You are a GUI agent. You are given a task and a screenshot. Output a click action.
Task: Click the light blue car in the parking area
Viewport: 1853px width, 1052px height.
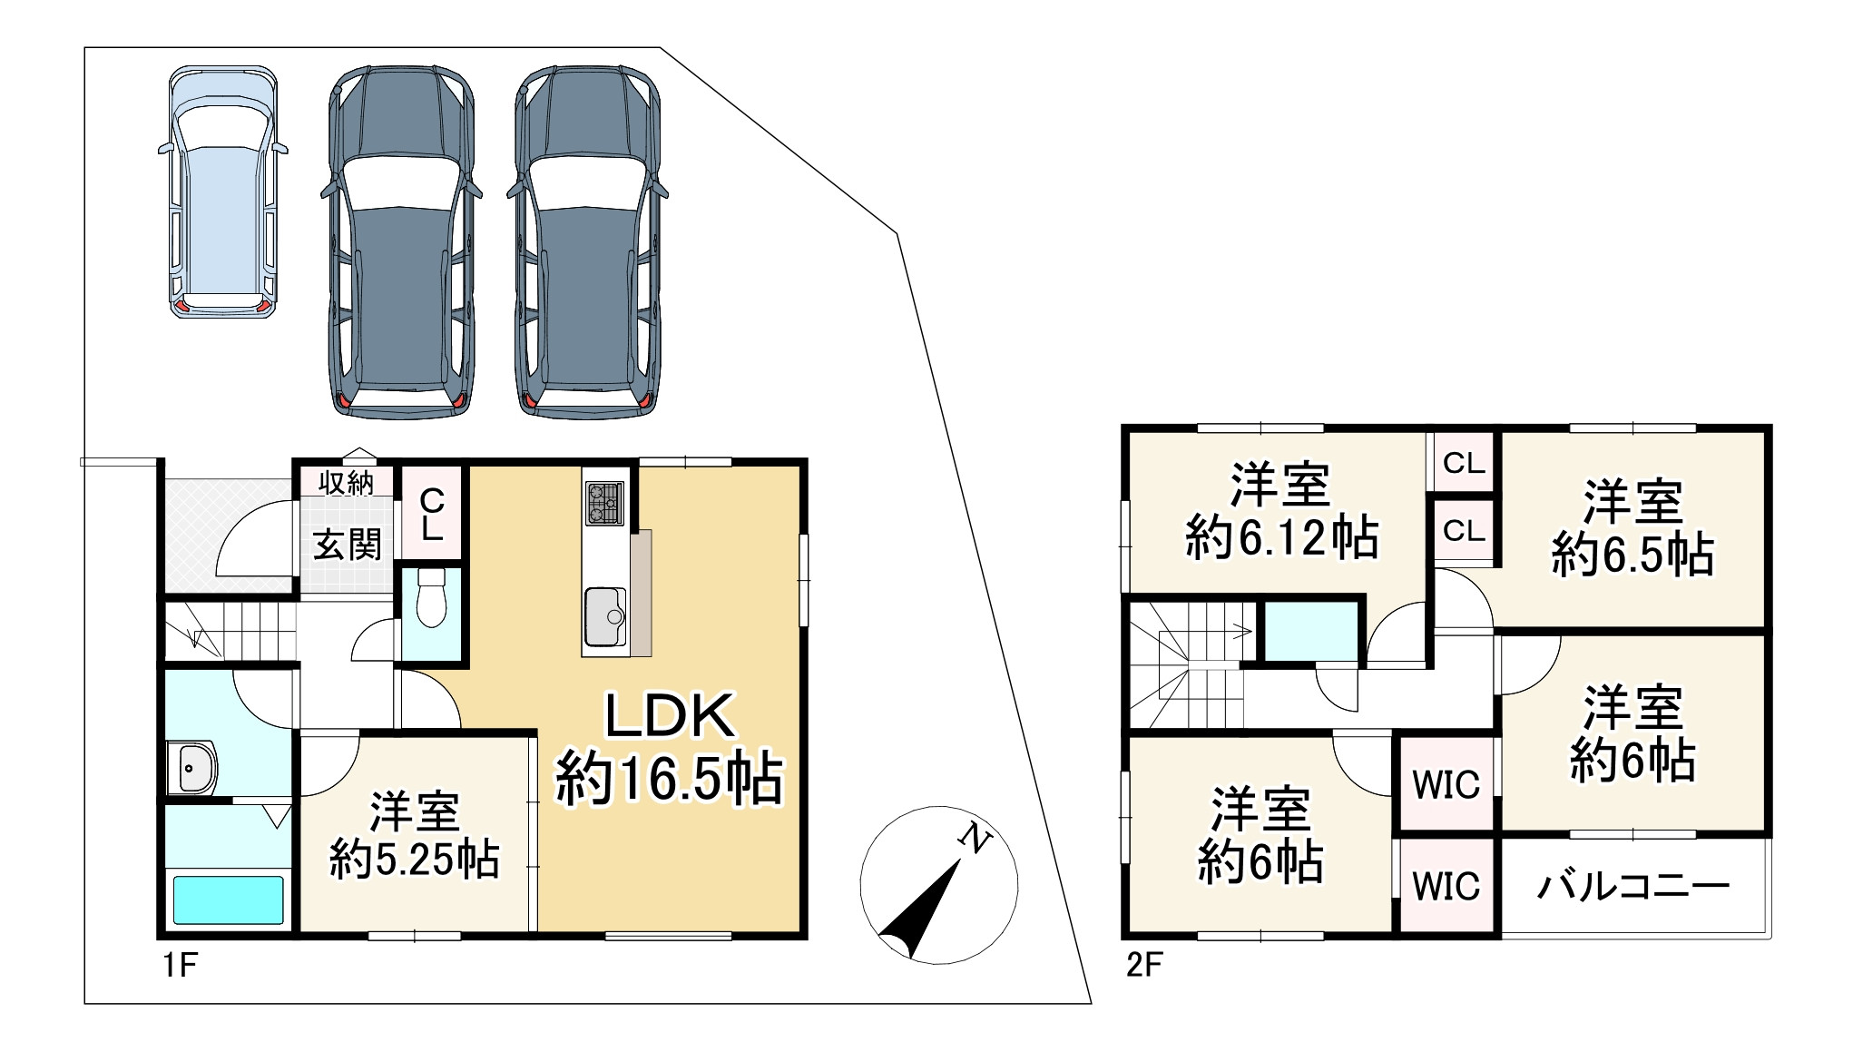pyautogui.click(x=222, y=191)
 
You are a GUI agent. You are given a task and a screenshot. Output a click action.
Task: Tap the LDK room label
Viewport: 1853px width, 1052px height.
pyautogui.click(x=670, y=716)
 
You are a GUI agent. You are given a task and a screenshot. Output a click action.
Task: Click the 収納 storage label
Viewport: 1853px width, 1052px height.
pyautogui.click(x=347, y=483)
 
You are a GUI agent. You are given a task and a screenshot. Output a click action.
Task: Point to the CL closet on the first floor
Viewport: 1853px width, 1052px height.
pyautogui.click(x=432, y=514)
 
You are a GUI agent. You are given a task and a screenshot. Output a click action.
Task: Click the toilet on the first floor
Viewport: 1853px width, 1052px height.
pyautogui.click(x=430, y=599)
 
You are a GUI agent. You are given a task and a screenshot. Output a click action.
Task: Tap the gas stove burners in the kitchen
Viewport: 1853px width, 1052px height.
pyautogui.click(x=604, y=502)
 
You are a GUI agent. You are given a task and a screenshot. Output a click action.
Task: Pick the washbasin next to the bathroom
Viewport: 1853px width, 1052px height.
pyautogui.click(x=193, y=768)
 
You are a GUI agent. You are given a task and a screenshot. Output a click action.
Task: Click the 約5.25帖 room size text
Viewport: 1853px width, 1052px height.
pyautogui.click(x=414, y=859)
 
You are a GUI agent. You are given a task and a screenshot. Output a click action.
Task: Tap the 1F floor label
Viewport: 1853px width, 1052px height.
pyautogui.click(x=180, y=965)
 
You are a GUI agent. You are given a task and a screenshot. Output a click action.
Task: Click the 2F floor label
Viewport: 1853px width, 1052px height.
pyautogui.click(x=1143, y=965)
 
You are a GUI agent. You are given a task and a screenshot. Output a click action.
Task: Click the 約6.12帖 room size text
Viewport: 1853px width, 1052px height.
pyautogui.click(x=1281, y=538)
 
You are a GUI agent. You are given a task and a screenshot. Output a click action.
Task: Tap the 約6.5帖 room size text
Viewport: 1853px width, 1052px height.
pyautogui.click(x=1632, y=555)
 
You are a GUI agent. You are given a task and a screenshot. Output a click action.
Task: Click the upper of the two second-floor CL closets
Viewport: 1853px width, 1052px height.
pyautogui.click(x=1464, y=464)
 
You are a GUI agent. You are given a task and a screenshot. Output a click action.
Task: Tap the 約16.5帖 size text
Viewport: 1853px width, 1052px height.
pyautogui.click(x=670, y=779)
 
